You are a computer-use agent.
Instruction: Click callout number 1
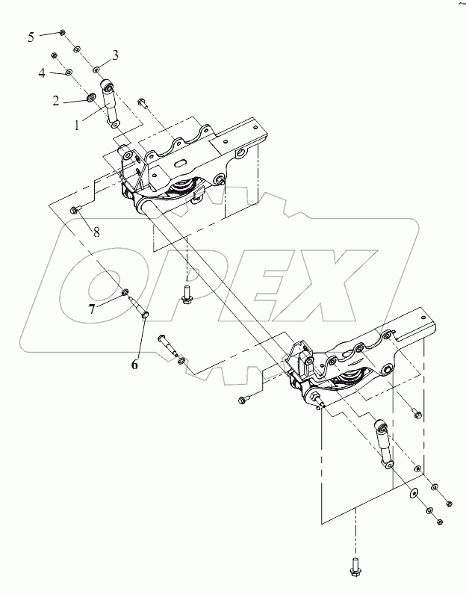coord(76,126)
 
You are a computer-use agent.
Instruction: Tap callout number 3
coord(115,55)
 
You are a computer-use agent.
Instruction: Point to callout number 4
coord(43,72)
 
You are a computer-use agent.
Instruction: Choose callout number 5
coord(31,36)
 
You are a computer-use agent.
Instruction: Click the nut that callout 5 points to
coord(63,34)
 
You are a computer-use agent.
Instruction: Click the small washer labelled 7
coord(125,291)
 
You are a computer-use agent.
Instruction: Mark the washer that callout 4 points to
coord(69,72)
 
